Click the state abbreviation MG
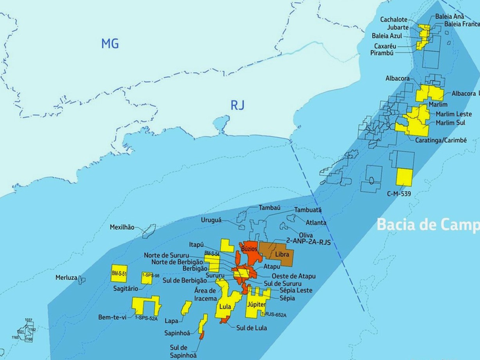tap(110, 44)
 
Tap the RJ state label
tap(237, 104)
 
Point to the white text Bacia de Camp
tap(427, 225)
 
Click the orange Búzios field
tap(249, 250)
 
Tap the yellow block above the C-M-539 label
tap(404, 177)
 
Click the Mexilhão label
tap(122, 227)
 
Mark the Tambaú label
tap(270, 207)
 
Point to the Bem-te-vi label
tap(112, 317)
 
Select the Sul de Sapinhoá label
tap(183, 351)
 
